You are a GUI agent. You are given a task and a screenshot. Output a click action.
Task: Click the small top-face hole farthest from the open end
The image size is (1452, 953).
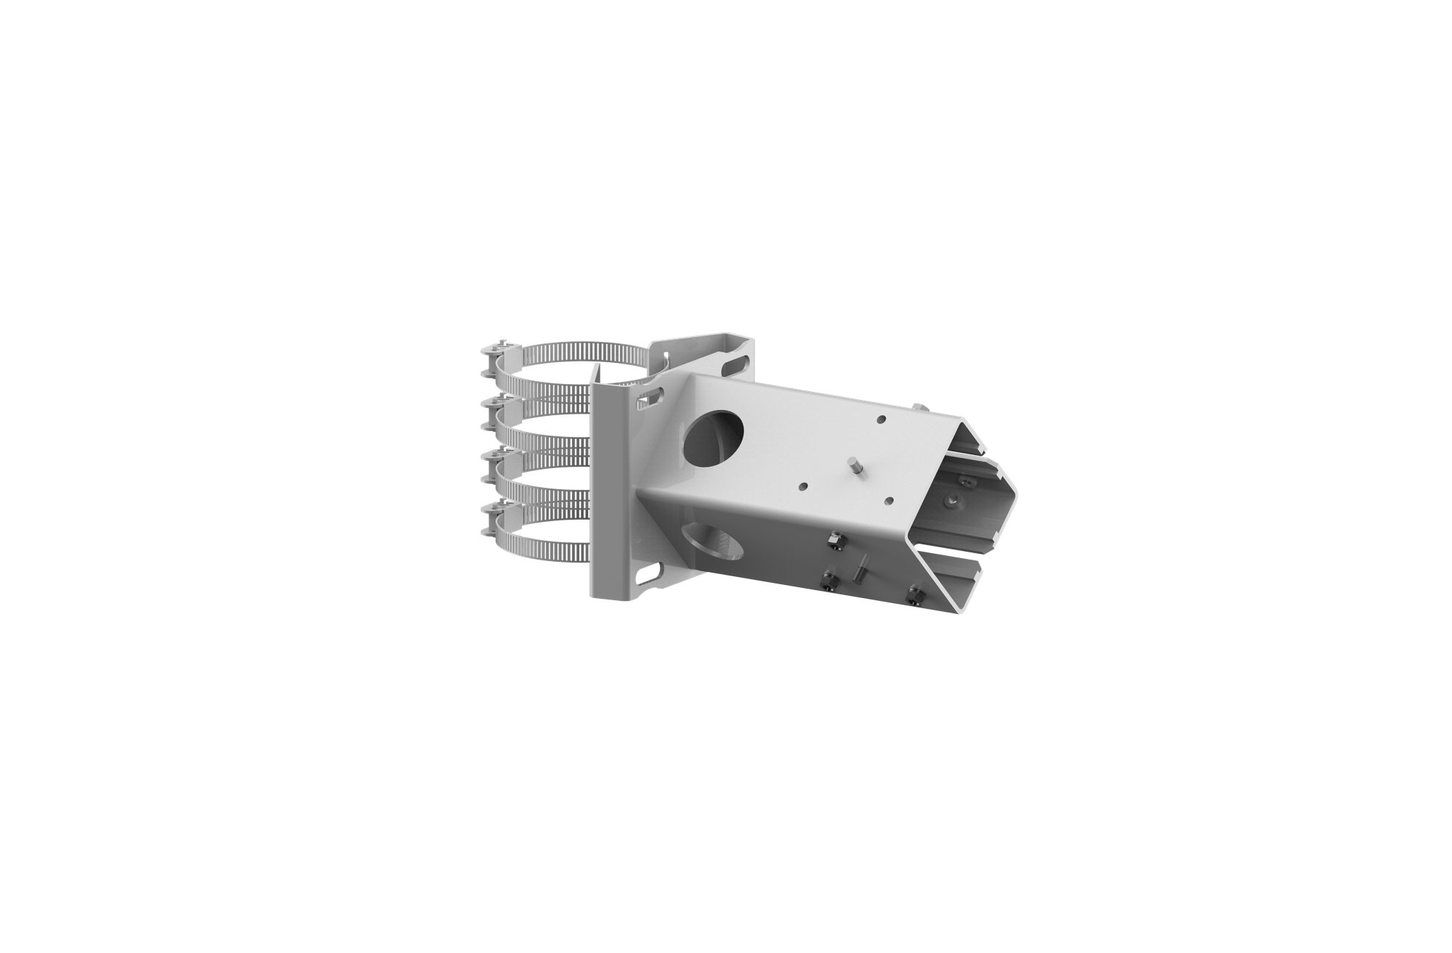pyautogui.click(x=880, y=419)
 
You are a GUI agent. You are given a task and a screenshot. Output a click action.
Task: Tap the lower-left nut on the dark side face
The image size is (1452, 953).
pyautogui.click(x=827, y=582)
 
